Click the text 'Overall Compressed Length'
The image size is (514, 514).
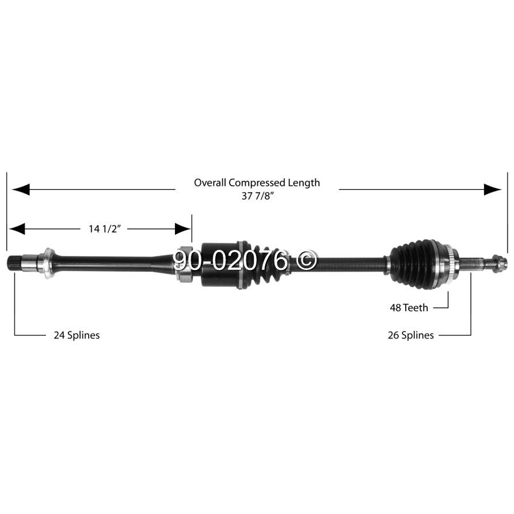pos(257,183)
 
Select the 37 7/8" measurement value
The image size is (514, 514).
pos(257,196)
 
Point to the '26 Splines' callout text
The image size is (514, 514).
pos(410,335)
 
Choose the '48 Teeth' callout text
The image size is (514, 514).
pos(409,308)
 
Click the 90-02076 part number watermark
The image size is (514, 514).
pos(230,261)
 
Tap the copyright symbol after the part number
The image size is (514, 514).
pos(307,261)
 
